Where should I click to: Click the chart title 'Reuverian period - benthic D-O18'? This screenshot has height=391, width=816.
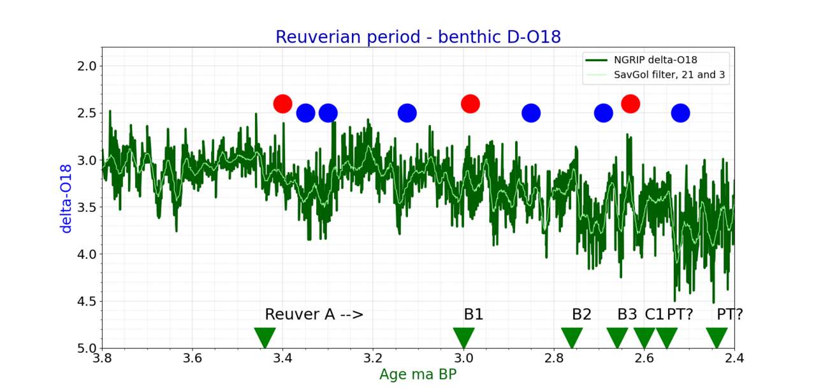(418, 37)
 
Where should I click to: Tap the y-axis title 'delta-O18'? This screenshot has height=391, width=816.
(66, 198)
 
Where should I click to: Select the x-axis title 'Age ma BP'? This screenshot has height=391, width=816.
(418, 374)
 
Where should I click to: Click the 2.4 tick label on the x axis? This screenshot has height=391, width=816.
(734, 358)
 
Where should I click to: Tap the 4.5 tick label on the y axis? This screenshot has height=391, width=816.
(87, 301)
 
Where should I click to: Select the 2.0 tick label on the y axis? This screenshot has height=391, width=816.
(87, 66)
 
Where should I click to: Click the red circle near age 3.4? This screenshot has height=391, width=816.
(282, 104)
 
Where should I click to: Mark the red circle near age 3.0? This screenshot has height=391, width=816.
(470, 104)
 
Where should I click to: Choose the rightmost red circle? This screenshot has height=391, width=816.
(630, 104)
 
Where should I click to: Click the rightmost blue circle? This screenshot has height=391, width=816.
(680, 113)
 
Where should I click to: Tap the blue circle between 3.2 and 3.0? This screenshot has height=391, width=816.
(407, 113)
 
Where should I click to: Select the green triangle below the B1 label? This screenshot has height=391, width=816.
(463, 337)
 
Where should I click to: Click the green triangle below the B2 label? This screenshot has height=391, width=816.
(572, 337)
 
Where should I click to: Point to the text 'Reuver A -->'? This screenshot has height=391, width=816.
(314, 314)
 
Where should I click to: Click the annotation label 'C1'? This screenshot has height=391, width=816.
(654, 314)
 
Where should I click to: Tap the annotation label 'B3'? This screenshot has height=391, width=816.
(627, 314)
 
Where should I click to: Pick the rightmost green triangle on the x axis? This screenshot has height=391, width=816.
(717, 337)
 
